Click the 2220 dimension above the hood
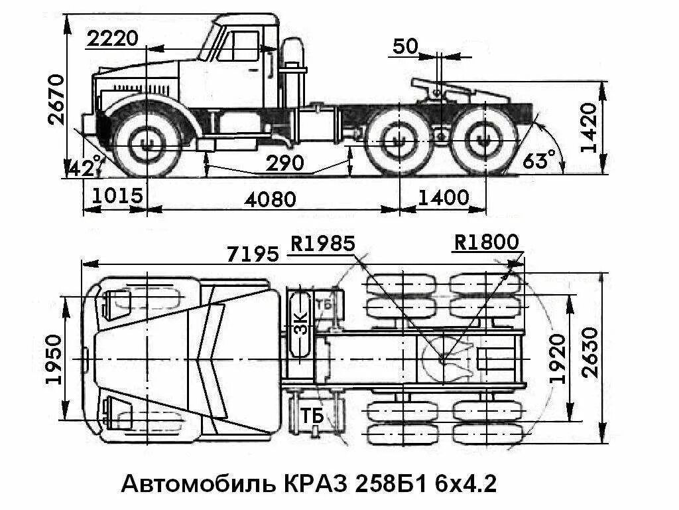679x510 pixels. [113, 39]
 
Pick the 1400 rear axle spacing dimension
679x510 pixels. [443, 197]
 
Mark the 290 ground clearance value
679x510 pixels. [285, 163]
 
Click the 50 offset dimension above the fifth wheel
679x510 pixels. [405, 46]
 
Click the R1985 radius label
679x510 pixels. [323, 243]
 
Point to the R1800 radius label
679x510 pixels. [486, 243]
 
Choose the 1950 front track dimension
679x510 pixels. [54, 359]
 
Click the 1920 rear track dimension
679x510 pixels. [558, 359]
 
